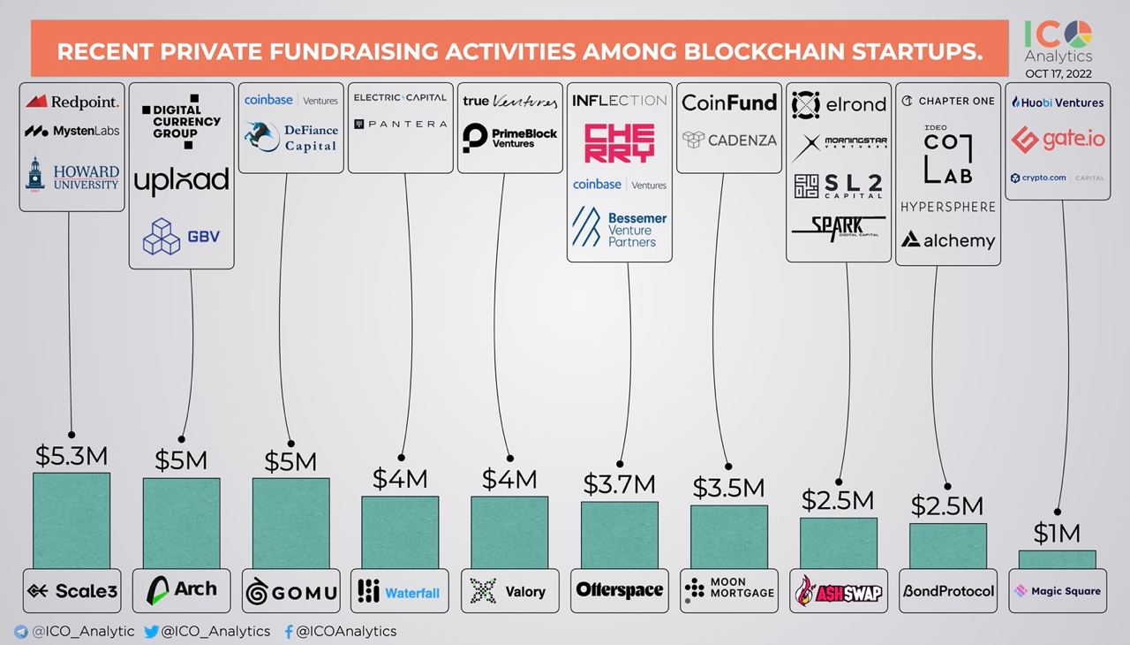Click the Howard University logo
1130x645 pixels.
click(72, 176)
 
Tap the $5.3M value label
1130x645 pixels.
click(72, 456)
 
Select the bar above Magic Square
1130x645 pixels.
click(1057, 559)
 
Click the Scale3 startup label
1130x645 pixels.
click(72, 591)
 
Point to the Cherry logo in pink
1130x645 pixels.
click(619, 143)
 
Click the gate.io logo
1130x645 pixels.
click(1058, 139)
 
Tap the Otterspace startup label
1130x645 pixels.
click(619, 590)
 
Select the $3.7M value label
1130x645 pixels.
click(619, 484)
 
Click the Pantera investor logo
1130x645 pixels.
click(401, 125)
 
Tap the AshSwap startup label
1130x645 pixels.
click(838, 591)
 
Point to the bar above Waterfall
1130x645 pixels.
click(400, 532)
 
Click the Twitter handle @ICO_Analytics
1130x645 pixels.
click(207, 631)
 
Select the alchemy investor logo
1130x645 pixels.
click(947, 239)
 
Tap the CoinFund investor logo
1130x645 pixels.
click(729, 102)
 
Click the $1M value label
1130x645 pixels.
click(1057, 533)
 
